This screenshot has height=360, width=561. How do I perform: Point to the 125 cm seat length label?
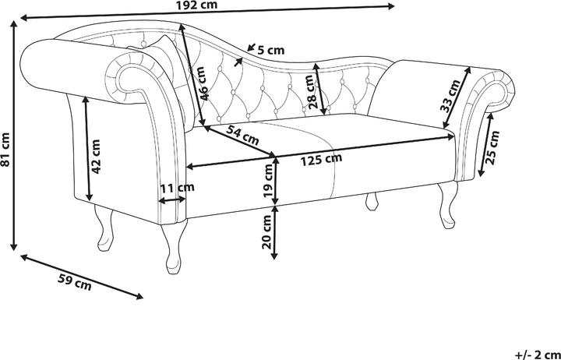pos(321,159)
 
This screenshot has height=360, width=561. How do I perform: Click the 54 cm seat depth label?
pos(242,136)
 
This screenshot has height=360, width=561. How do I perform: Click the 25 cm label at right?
pos(491,153)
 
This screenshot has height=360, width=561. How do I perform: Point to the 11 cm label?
pos(176,187)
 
